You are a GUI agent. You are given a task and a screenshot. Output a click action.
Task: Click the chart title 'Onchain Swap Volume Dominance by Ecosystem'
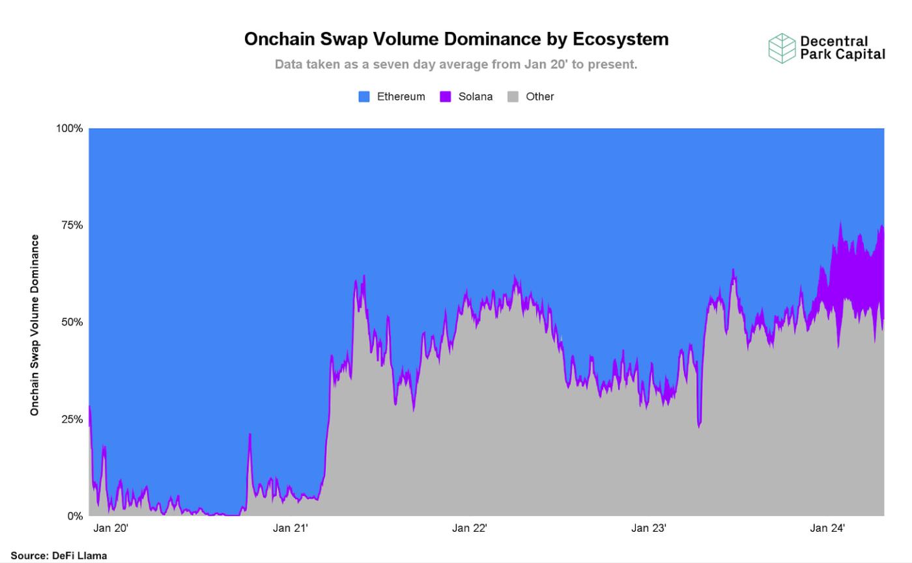pyautogui.click(x=456, y=39)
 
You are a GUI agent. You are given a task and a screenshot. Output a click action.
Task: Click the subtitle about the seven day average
pyautogui.click(x=456, y=64)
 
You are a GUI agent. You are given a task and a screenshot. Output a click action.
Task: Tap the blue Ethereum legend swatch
pyautogui.click(x=364, y=96)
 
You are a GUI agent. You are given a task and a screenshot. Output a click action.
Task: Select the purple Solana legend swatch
pyautogui.click(x=446, y=96)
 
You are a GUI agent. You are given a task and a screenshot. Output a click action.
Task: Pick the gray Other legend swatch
pyautogui.click(x=513, y=96)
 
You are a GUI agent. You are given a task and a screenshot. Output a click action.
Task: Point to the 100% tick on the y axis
pyautogui.click(x=70, y=128)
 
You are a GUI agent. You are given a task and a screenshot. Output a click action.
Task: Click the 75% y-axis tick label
pyautogui.click(x=72, y=225)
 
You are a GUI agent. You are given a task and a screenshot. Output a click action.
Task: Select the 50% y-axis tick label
pyautogui.click(x=72, y=322)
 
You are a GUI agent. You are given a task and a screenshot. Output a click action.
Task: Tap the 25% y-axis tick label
pyautogui.click(x=72, y=419)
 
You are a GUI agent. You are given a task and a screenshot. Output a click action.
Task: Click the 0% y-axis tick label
pyautogui.click(x=75, y=516)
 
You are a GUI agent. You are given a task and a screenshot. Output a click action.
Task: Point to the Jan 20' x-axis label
pyautogui.click(x=111, y=528)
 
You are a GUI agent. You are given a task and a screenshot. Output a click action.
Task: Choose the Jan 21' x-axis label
pyautogui.click(x=290, y=528)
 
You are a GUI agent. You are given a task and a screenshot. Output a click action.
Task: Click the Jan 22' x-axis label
pyautogui.click(x=469, y=528)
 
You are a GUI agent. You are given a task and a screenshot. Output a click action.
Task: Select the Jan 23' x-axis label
pyautogui.click(x=648, y=528)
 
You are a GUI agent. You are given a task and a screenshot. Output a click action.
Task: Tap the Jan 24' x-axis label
pyautogui.click(x=827, y=528)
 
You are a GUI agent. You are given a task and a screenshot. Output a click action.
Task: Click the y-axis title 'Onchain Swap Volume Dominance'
pyautogui.click(x=35, y=325)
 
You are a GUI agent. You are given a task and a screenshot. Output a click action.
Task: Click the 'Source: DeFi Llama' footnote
pyautogui.click(x=59, y=556)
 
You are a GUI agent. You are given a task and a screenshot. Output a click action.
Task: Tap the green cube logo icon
pyautogui.click(x=782, y=48)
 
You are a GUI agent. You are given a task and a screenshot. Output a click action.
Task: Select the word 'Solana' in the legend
pyautogui.click(x=476, y=96)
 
